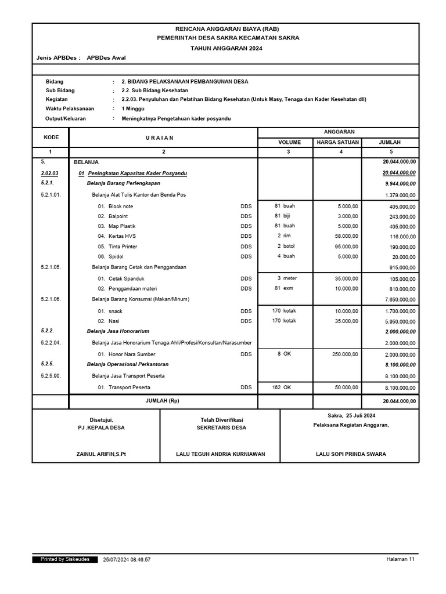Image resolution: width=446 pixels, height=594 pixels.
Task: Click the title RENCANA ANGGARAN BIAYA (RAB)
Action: [226, 29]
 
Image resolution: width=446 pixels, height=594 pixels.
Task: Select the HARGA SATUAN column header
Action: [337, 142]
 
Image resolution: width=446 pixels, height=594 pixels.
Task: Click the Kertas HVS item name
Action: [122, 236]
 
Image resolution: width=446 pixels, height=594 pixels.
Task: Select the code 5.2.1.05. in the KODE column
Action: [51, 267]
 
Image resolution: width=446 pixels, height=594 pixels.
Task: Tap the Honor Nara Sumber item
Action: [132, 354]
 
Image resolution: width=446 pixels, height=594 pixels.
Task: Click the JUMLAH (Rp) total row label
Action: [163, 401]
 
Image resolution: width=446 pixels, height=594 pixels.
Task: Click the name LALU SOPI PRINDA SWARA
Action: [351, 454]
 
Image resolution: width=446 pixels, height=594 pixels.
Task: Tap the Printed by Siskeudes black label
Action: [64, 559]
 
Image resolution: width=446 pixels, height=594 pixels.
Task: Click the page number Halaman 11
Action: [400, 559]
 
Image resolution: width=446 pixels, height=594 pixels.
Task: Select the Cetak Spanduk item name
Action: [126, 278]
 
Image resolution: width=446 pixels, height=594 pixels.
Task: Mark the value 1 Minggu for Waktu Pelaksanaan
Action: [133, 108]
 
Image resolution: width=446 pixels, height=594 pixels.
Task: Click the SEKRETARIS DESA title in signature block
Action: [221, 428]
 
